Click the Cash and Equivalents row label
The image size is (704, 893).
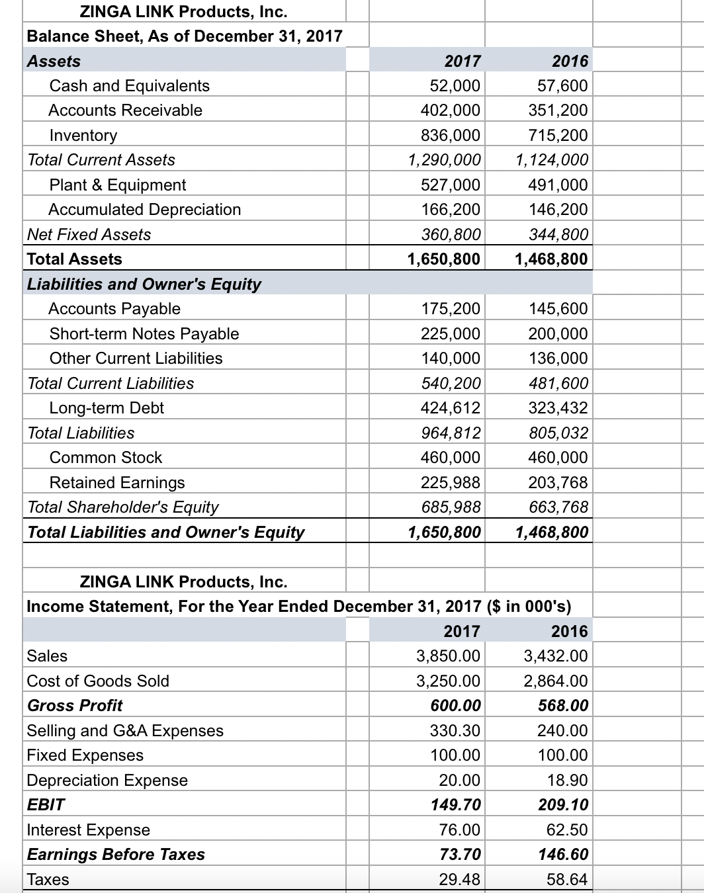click(129, 86)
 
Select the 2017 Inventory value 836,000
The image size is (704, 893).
click(451, 136)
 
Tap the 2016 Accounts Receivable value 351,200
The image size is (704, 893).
click(558, 110)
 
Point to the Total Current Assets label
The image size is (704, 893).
click(101, 160)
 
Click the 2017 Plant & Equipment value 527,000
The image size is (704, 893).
click(451, 185)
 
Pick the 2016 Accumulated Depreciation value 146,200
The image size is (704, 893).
click(558, 210)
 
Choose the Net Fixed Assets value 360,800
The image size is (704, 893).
click(451, 235)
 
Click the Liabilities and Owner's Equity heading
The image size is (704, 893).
click(144, 284)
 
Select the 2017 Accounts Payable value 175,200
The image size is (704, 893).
click(451, 309)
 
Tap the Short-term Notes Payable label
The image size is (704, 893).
click(144, 334)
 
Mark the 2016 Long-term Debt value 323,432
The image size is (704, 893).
click(558, 408)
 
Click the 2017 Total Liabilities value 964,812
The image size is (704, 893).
click(451, 433)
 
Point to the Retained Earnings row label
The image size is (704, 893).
click(117, 483)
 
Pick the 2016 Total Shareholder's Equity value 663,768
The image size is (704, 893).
click(558, 507)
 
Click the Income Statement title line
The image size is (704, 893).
click(298, 607)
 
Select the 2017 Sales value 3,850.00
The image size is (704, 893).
click(449, 656)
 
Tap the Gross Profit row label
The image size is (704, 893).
click(75, 706)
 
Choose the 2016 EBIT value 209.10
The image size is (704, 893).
click(563, 805)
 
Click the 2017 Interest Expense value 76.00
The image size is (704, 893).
click(460, 830)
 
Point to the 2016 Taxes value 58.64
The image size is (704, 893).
click(567, 880)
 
